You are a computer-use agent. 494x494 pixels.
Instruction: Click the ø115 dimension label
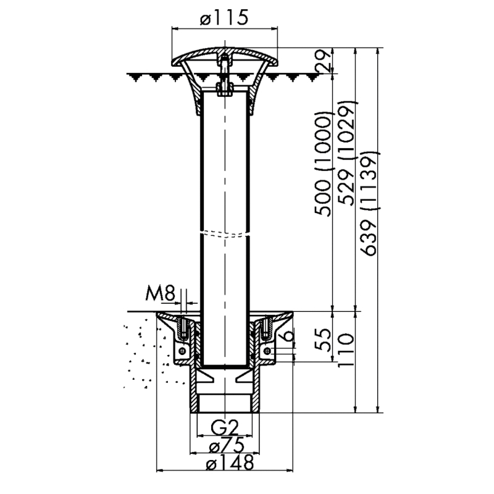pos(224,18)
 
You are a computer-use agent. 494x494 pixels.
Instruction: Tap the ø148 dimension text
pos(230,463)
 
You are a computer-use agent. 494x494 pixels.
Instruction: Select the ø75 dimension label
pos(227,445)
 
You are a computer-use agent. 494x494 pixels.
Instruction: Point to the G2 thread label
pos(224,428)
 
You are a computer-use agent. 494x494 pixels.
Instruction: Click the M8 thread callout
pos(160,294)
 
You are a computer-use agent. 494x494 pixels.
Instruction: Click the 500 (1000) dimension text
pos(324,164)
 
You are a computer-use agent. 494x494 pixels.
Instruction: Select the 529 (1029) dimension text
pos(346,153)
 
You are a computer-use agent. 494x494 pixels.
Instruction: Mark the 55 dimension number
pos(324,340)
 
